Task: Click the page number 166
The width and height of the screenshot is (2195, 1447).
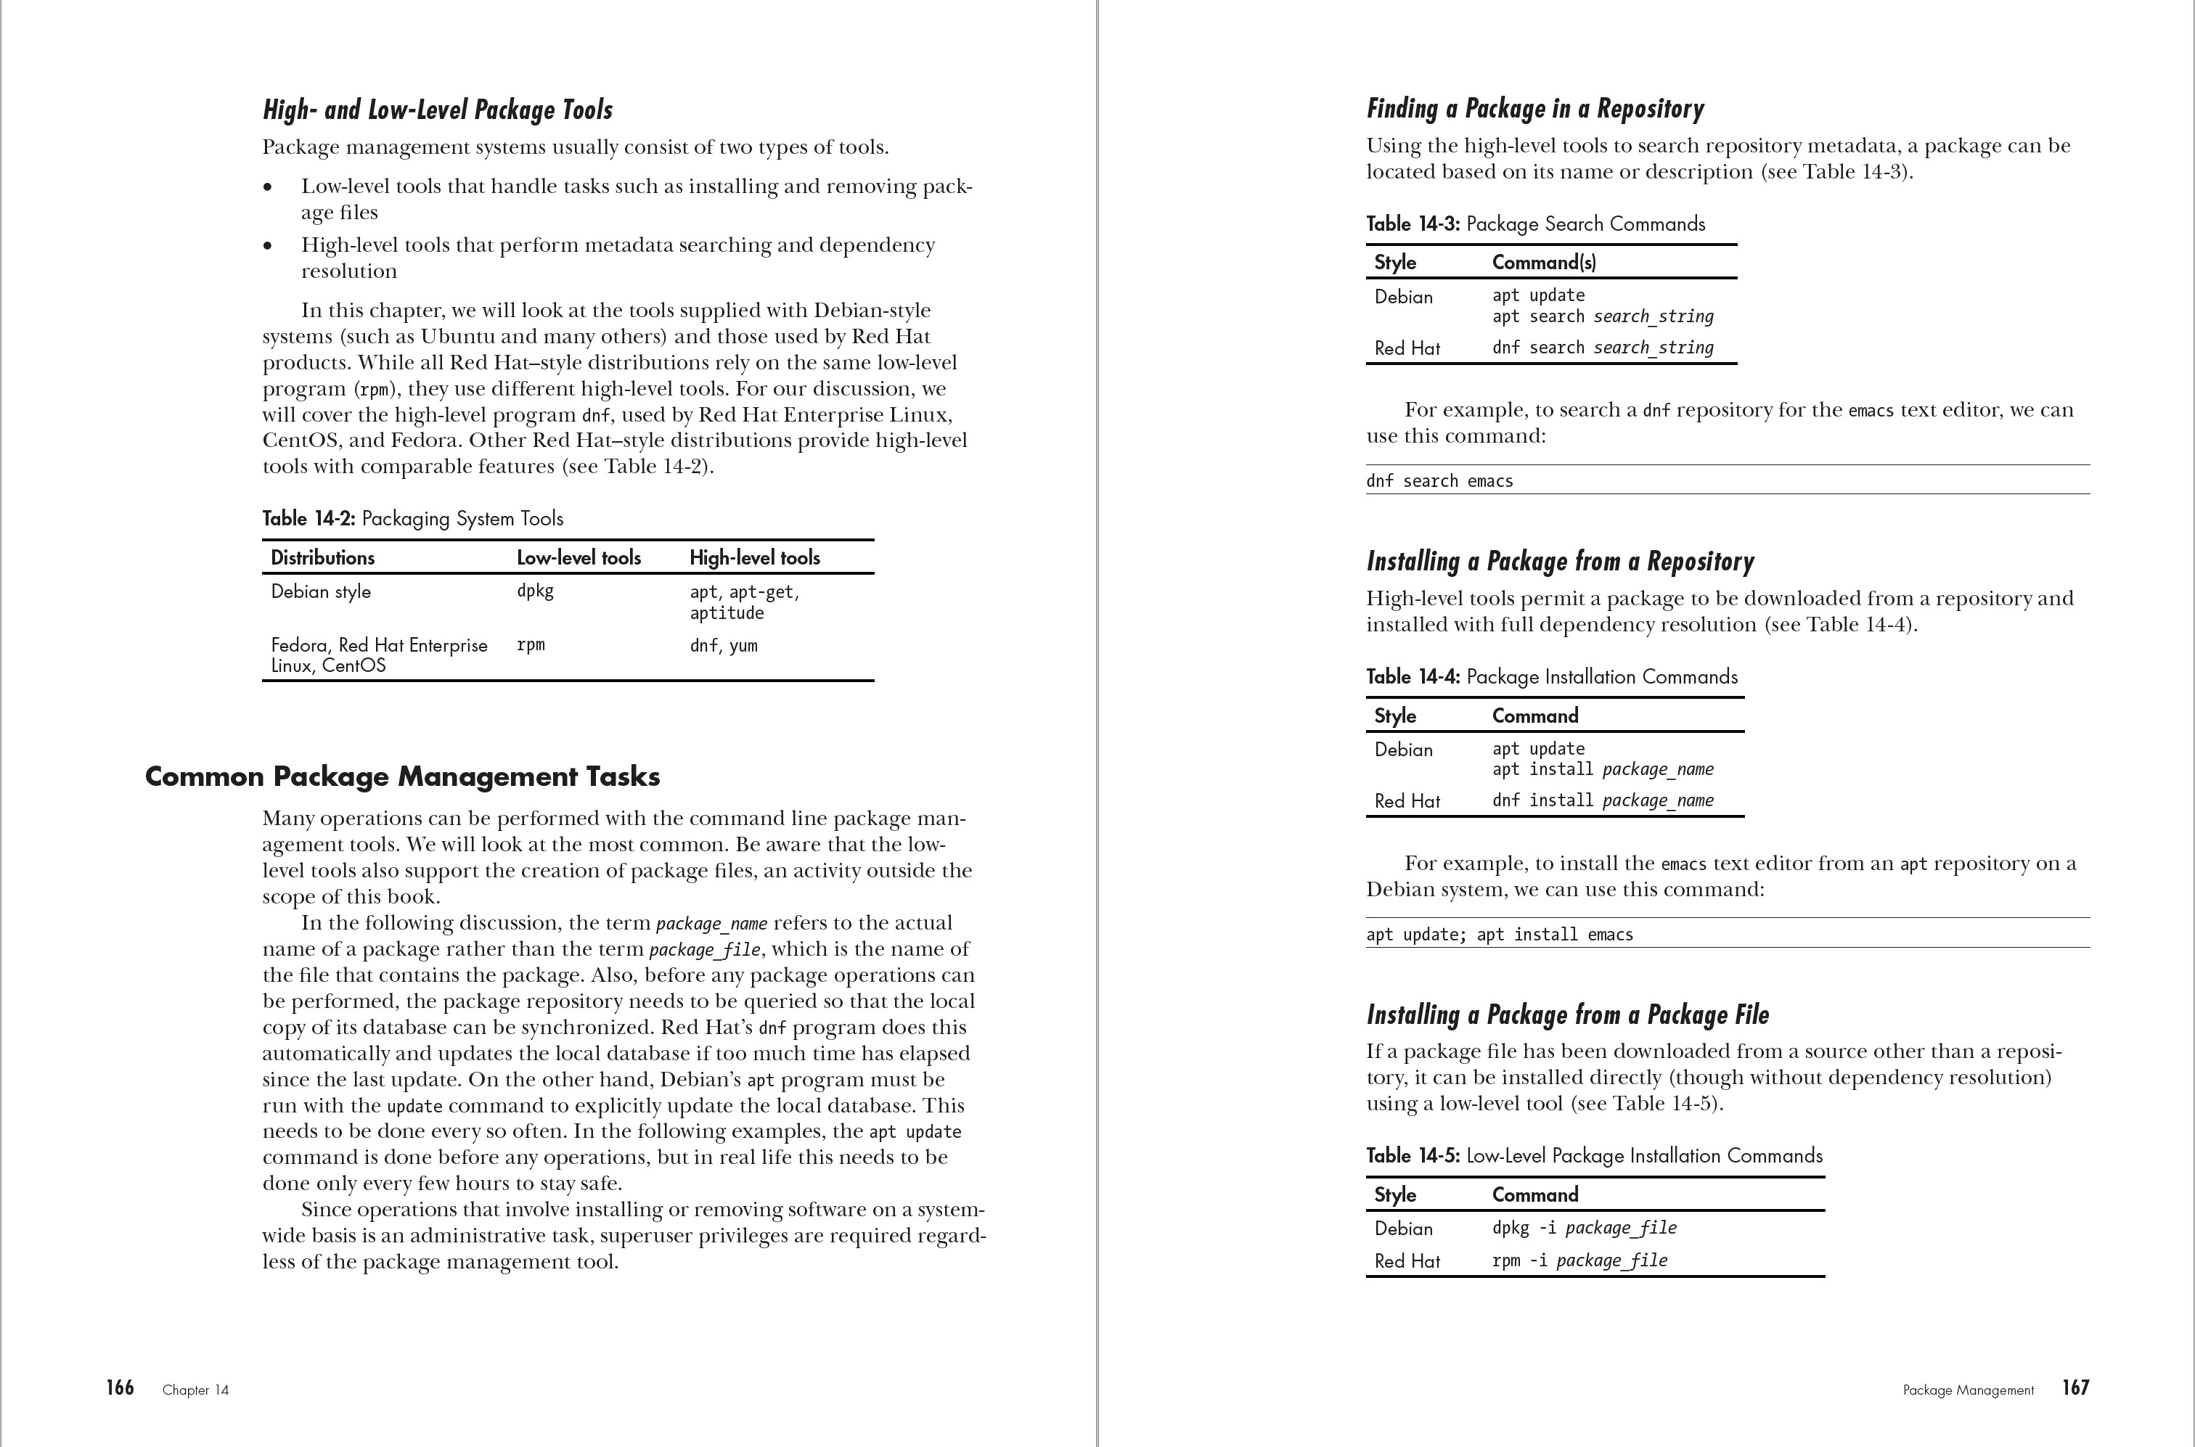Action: (120, 1388)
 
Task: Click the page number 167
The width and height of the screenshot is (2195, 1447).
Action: (2075, 1388)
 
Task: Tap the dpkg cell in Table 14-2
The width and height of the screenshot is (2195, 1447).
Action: (536, 591)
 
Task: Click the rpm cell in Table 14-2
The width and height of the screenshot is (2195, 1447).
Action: (531, 645)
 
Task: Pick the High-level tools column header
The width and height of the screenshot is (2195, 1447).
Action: (754, 557)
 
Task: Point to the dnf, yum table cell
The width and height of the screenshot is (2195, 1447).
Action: (724, 646)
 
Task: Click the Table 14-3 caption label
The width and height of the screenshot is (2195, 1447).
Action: (1413, 224)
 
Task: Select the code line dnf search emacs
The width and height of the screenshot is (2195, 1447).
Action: (1439, 481)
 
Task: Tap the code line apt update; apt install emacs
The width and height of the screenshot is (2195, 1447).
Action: (1499, 934)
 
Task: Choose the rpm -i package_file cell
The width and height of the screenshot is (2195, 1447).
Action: (1579, 1261)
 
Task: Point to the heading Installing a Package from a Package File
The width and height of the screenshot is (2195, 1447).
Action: (1567, 1015)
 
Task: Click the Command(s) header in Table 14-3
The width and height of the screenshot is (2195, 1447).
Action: (1543, 262)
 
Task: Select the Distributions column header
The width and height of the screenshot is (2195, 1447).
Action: (322, 557)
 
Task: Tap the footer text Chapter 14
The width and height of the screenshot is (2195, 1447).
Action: (196, 1390)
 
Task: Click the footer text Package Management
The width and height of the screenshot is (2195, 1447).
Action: (1968, 1390)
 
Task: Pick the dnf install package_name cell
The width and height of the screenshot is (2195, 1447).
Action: (1603, 801)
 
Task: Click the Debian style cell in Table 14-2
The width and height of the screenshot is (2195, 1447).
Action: (320, 591)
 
